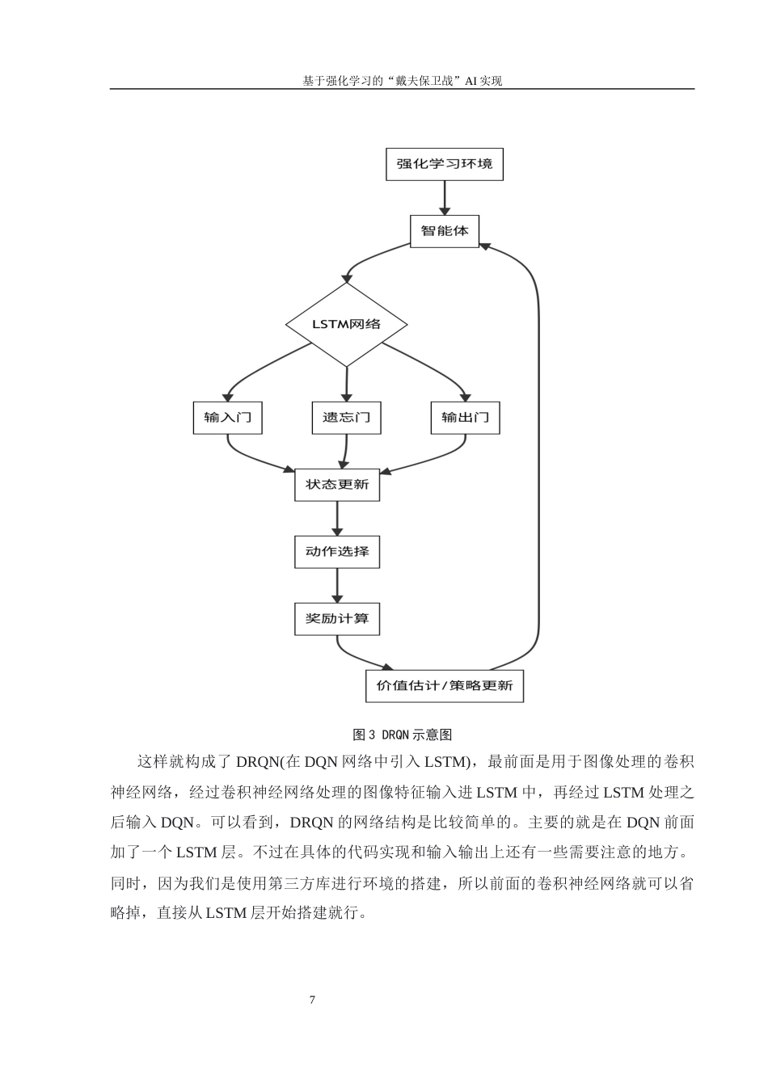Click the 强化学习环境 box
click(444, 164)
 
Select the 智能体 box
click(444, 231)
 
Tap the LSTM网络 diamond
click(346, 324)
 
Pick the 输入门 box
click(227, 418)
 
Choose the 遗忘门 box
click(346, 418)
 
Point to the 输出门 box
click(465, 418)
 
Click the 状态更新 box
click(337, 485)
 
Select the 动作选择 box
click(337, 552)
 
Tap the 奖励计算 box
click(337, 619)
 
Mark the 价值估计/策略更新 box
click(444, 686)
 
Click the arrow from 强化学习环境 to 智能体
click(444, 198)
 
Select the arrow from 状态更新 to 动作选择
click(337, 519)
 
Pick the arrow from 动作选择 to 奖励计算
click(337, 586)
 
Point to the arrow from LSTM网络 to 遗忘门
click(346, 384)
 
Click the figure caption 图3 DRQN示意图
click(402, 735)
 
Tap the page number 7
click(312, 1000)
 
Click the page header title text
click(402, 81)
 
